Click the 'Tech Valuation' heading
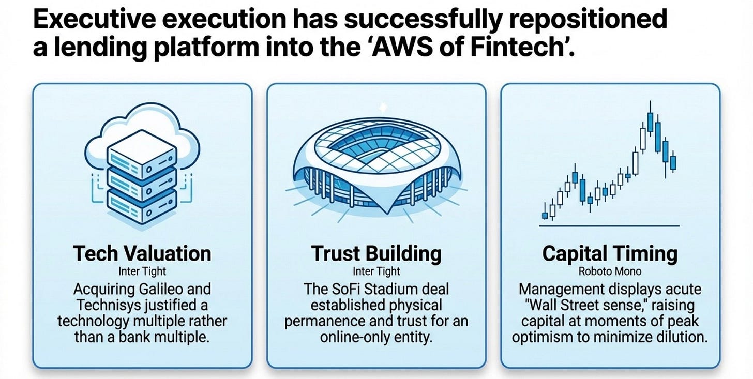click(x=142, y=253)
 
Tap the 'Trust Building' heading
click(x=376, y=254)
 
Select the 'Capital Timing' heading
click(x=610, y=254)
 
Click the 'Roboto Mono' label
click(x=610, y=271)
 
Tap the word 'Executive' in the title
click(x=95, y=19)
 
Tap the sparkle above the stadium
click(x=383, y=108)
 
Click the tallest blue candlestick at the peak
click(x=650, y=122)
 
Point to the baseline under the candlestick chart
click(x=609, y=226)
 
